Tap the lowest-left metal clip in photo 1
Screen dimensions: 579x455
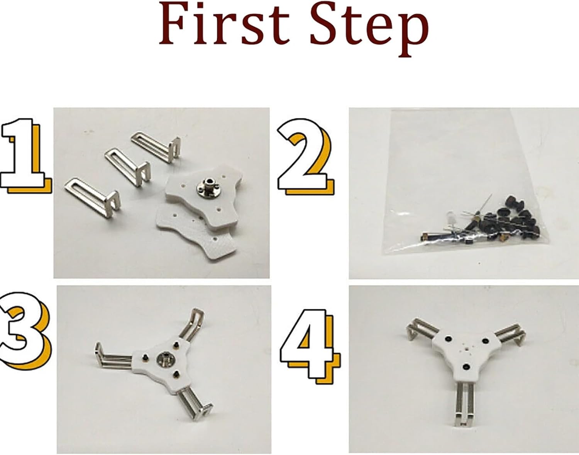92,197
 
